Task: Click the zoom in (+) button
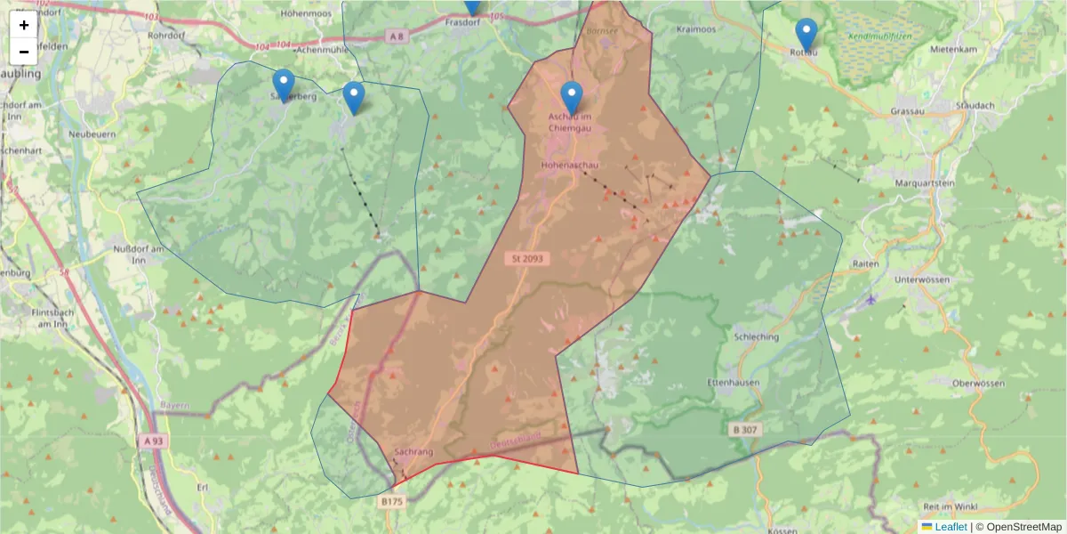point(23,25)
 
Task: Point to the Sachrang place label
point(413,452)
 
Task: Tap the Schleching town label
point(757,337)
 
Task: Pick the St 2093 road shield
point(527,259)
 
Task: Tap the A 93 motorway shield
point(151,441)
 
